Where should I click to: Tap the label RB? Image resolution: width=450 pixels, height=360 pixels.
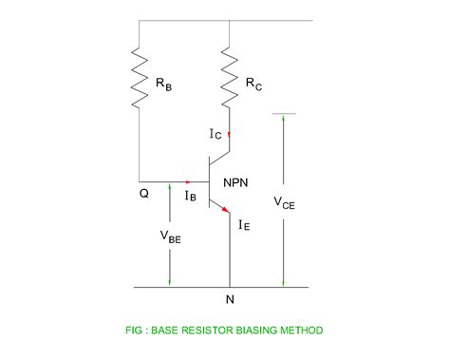[165, 84]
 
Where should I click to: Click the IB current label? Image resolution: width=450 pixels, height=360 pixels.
[190, 196]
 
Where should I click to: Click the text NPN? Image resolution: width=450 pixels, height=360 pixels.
[241, 181]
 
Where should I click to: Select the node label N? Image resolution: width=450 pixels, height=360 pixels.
[229, 301]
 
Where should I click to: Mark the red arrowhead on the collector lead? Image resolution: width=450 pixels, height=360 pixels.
[229, 135]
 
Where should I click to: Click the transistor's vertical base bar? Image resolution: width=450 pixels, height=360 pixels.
[210, 180]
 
